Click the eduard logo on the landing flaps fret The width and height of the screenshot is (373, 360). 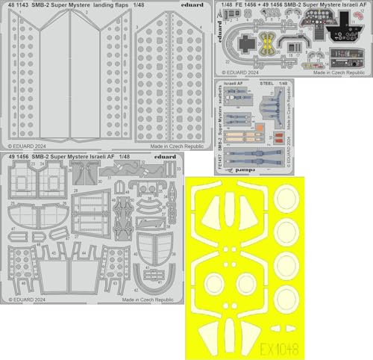pyautogui.click(x=193, y=5)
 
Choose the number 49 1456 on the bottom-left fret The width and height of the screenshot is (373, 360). pyautogui.click(x=19, y=158)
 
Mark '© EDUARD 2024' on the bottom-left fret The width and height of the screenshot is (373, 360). pyautogui.click(x=28, y=298)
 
